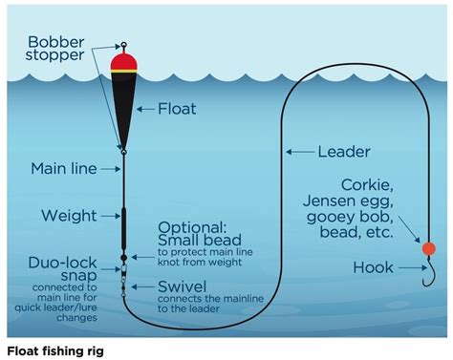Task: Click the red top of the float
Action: coord(123,62)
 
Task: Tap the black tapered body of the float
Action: coord(123,105)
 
